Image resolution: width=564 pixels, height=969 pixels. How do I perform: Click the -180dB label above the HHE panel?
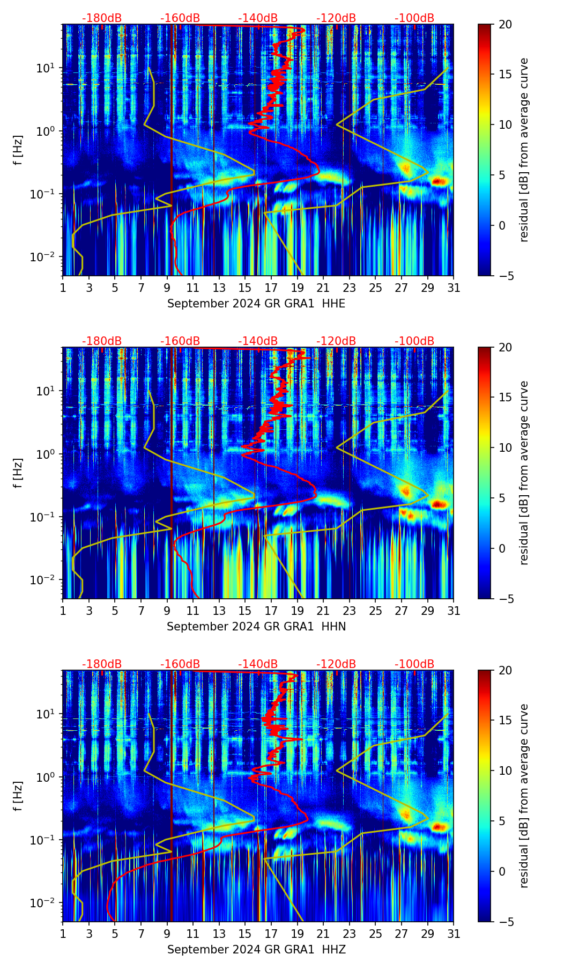(102, 18)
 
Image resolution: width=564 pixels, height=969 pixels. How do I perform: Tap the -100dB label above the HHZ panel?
(414, 664)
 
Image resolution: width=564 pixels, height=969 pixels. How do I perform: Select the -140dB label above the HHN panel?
(258, 341)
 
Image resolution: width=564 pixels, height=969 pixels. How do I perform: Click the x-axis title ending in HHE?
(256, 304)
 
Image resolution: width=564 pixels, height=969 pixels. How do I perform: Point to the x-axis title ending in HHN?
(256, 627)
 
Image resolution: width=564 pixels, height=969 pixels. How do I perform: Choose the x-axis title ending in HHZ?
(256, 950)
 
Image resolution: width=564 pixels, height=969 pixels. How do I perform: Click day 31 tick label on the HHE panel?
(454, 288)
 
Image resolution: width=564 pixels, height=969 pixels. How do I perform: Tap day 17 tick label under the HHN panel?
(271, 611)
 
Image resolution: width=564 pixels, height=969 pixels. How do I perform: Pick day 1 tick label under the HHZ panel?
(63, 934)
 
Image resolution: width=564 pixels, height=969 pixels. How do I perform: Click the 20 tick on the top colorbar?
(506, 24)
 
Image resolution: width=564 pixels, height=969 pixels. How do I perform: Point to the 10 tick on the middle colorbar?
(506, 447)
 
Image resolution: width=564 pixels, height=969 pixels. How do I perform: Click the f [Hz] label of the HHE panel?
(18, 150)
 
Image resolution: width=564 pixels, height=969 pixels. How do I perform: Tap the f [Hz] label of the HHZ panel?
(18, 796)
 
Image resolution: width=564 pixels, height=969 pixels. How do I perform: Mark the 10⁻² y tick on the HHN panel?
(47, 580)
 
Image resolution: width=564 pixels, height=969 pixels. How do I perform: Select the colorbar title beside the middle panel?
(524, 473)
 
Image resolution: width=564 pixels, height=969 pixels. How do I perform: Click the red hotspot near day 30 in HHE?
(439, 181)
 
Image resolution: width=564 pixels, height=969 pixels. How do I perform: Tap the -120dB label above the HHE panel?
(336, 18)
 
